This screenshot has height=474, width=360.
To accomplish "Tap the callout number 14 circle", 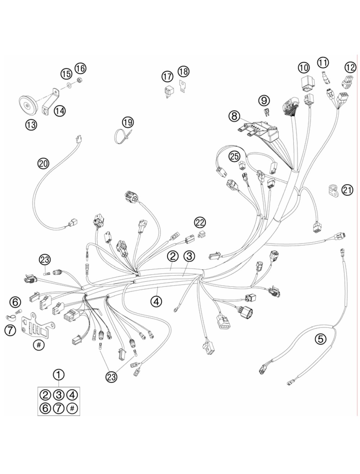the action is point(60,111).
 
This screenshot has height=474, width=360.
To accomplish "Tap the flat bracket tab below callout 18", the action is point(183,86).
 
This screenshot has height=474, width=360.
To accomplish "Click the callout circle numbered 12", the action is point(350,68).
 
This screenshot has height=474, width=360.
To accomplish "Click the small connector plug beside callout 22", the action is point(201,234).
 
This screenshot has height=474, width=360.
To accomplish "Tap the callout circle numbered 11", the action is point(323,63).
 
